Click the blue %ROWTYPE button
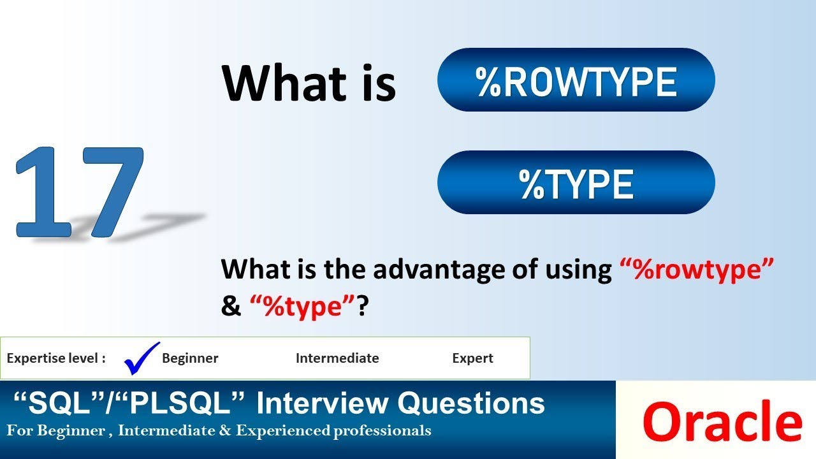coord(576,80)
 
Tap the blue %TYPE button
coord(576,183)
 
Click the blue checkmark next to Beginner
coord(142,358)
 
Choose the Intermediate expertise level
coord(337,358)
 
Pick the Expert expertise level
coord(472,358)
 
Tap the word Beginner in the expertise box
coord(190,358)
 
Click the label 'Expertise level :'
coord(56,358)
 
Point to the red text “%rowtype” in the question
coord(697,270)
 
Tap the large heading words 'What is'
coord(309,83)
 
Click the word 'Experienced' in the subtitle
coord(282,431)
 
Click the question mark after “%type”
coord(363,307)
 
